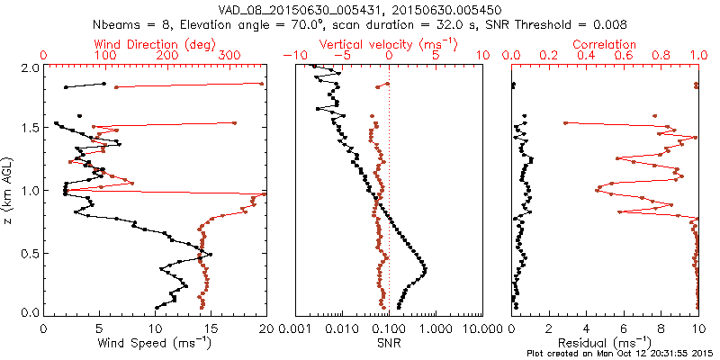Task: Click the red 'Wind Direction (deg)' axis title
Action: coord(153,44)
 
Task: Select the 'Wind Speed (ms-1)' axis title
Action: coord(154,343)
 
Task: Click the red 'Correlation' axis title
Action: coord(605,44)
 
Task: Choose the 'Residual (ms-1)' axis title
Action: coord(606,343)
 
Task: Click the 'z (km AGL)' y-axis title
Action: coord(9,190)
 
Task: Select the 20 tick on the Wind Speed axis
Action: coord(263,328)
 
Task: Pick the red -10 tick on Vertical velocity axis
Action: coord(293,56)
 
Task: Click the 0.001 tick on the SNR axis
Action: coord(295,328)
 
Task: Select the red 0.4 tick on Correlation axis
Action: coord(586,56)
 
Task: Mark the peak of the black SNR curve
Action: coord(425,269)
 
